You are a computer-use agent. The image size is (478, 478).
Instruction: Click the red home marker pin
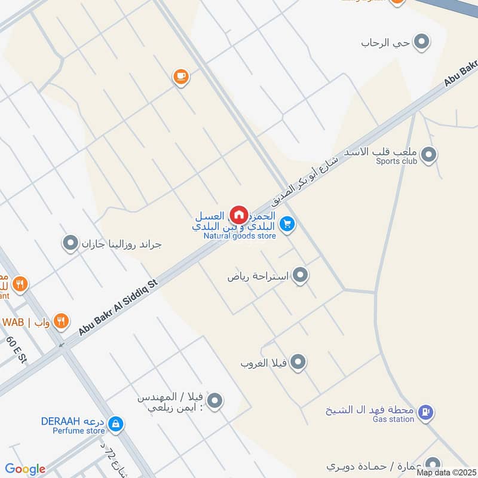coord(239,215)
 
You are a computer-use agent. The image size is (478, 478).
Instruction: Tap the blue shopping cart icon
coord(288,224)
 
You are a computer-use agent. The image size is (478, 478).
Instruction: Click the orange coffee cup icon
coord(180,76)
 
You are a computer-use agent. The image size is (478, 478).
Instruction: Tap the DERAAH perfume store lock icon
coord(115,424)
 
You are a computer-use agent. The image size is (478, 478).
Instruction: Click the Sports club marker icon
coord(428,155)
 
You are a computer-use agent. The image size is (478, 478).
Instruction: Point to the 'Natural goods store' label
coord(240,236)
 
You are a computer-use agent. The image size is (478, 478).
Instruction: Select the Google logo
coord(25,469)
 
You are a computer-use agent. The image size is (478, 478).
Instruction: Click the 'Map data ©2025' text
coord(446,472)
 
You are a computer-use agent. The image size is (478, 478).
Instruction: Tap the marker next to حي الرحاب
coord(422,42)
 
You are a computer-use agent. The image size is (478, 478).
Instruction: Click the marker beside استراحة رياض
coord(301,275)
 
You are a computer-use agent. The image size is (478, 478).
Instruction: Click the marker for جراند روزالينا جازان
coord(71,243)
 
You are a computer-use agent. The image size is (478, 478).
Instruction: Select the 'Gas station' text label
coord(393,419)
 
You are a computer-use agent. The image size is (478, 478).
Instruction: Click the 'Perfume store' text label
coord(79,430)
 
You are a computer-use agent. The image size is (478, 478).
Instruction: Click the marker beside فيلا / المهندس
coord(215,401)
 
